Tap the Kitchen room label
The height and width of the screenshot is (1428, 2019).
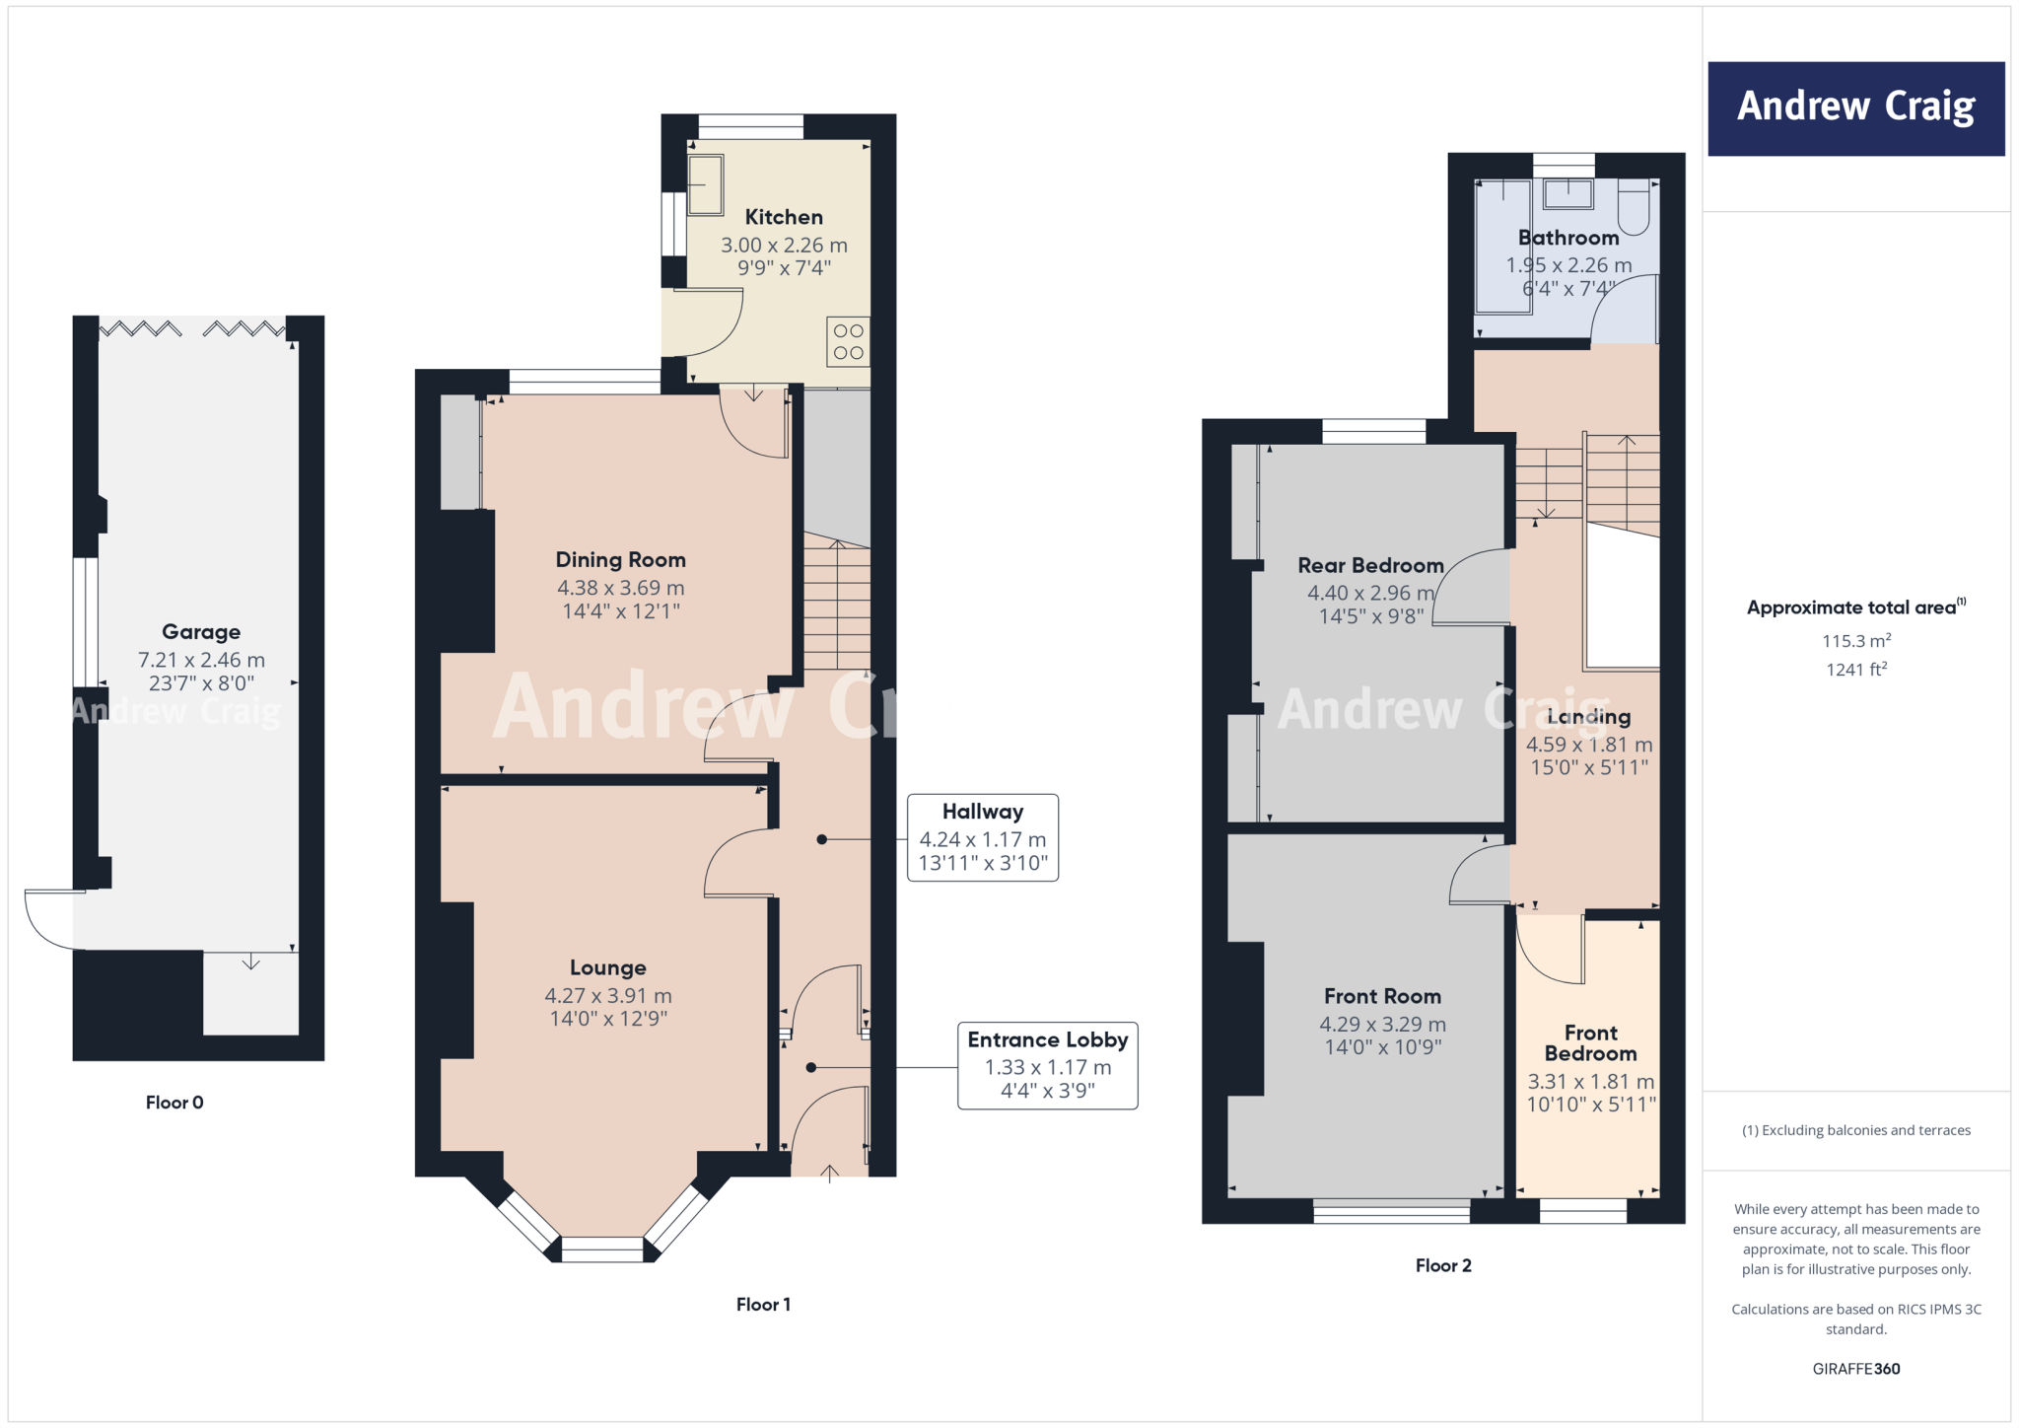(x=784, y=217)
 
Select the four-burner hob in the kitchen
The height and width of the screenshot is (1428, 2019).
(x=848, y=341)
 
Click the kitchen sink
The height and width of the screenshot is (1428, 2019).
(x=705, y=184)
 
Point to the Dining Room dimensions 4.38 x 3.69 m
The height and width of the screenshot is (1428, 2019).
(x=620, y=588)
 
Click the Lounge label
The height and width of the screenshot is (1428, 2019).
(x=608, y=967)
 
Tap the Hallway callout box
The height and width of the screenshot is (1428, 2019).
(x=983, y=837)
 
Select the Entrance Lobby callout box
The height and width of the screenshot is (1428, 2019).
(x=1047, y=1065)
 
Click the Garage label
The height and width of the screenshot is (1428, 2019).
(x=201, y=632)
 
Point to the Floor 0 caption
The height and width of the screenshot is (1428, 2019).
(x=174, y=1103)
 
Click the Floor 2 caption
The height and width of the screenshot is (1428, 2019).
(x=1443, y=1265)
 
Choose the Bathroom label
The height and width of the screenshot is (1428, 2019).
(x=1567, y=238)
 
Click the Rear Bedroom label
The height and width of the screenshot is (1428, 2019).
(x=1370, y=566)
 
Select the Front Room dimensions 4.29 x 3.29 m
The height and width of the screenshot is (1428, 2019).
(x=1382, y=1025)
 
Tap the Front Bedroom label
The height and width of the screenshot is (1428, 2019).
(x=1590, y=1042)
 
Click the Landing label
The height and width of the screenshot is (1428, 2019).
(x=1588, y=717)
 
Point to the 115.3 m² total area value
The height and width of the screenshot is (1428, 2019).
(x=1855, y=641)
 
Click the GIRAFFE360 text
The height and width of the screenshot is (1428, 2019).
(x=1855, y=1369)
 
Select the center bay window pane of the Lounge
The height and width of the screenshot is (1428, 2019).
(x=601, y=1249)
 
